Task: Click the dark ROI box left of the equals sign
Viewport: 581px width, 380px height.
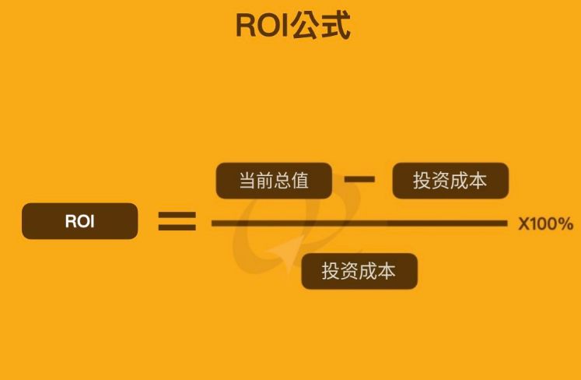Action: point(80,221)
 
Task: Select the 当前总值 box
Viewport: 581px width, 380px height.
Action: point(273,181)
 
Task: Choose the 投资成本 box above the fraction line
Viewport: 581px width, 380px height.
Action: point(450,181)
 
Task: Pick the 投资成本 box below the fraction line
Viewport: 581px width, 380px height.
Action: point(359,271)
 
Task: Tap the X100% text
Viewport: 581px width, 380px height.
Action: point(545,224)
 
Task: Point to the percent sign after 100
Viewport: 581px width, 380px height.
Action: point(565,224)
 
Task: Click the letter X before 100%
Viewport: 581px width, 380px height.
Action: point(523,224)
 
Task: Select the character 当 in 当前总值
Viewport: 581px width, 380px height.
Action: point(247,181)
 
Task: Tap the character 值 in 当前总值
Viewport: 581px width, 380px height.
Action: point(300,181)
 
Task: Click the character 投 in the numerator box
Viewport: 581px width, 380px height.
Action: point(422,181)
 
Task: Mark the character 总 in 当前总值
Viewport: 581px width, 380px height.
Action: point(282,181)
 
